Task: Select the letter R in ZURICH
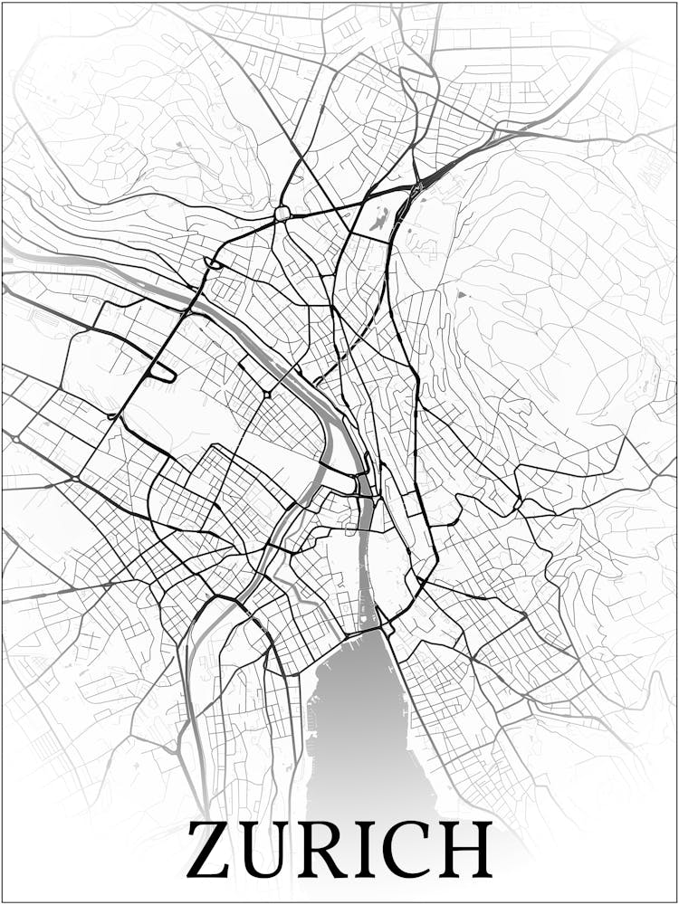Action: coord(330,851)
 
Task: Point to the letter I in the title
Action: coord(373,851)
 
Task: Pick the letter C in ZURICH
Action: coord(413,851)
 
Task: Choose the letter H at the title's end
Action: coord(467,851)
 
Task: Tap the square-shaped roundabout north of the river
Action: coord(282,214)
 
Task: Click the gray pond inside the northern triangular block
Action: coord(378,218)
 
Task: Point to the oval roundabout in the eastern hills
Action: coord(517,504)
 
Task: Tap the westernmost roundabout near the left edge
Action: coord(15,439)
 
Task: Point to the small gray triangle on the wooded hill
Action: coord(463,294)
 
